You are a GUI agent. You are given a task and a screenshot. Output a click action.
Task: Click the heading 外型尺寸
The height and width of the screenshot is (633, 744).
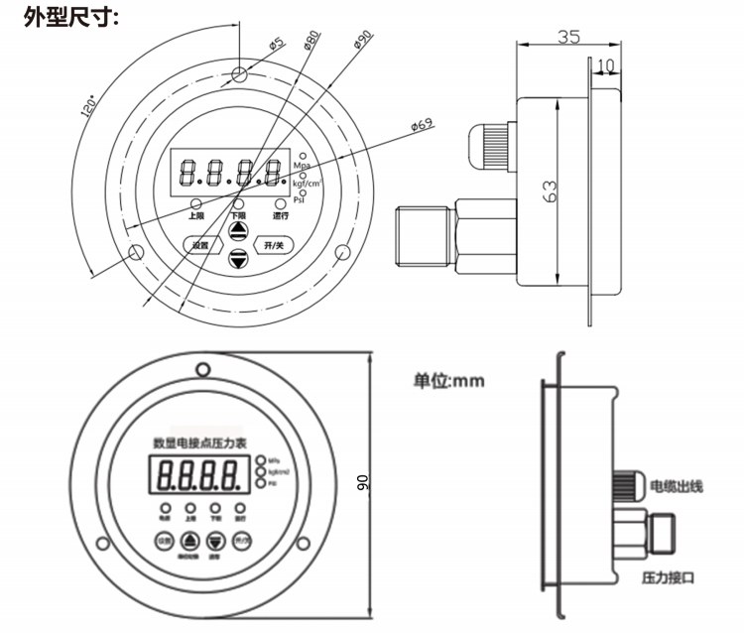point(71,18)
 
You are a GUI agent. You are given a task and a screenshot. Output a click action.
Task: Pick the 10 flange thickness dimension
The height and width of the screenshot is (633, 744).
point(606,65)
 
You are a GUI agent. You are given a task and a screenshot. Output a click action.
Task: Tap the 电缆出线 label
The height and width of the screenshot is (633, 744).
point(676,486)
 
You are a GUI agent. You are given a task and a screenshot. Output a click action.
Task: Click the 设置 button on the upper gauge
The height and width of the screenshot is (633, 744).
point(201,244)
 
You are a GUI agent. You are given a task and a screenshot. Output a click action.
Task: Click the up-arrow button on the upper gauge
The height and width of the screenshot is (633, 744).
point(238,232)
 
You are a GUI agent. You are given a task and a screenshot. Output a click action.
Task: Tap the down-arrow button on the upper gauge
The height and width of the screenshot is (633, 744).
point(238,259)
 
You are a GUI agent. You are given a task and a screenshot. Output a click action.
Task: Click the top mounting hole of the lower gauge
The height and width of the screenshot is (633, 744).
point(201,369)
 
